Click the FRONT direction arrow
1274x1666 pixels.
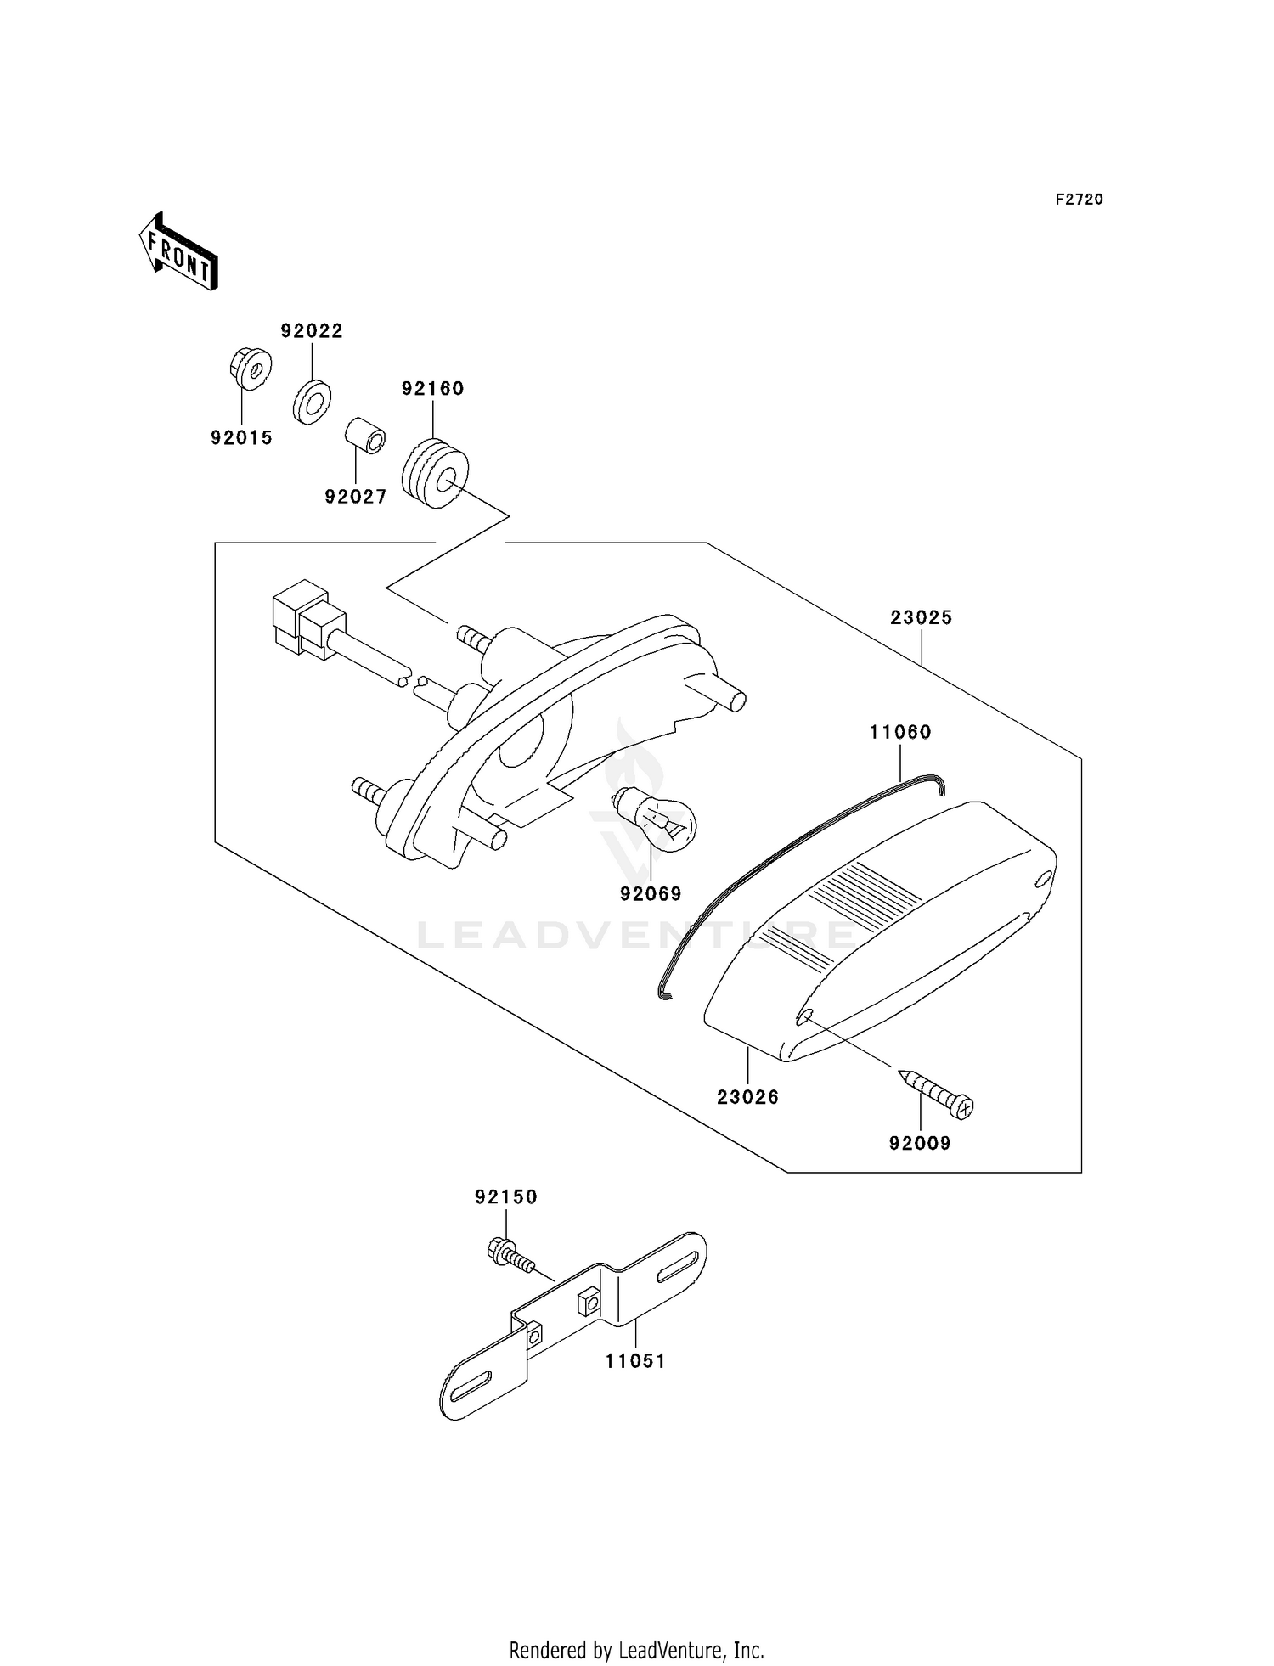click(x=178, y=252)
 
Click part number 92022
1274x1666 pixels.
click(x=313, y=331)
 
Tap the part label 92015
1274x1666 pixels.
click(x=242, y=438)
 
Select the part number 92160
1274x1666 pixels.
click(x=433, y=389)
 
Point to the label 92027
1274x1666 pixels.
click(x=356, y=497)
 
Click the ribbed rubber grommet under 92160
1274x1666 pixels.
click(x=434, y=472)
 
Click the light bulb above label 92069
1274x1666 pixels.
click(x=654, y=815)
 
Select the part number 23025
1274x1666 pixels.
click(x=922, y=618)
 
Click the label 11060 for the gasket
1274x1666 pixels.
click(x=900, y=732)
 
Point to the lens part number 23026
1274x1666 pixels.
click(x=748, y=1097)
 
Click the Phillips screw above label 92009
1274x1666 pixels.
click(x=935, y=1093)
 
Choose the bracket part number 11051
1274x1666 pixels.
click(x=636, y=1361)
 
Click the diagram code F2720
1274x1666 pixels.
click(x=1080, y=200)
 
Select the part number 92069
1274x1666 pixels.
click(x=651, y=894)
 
